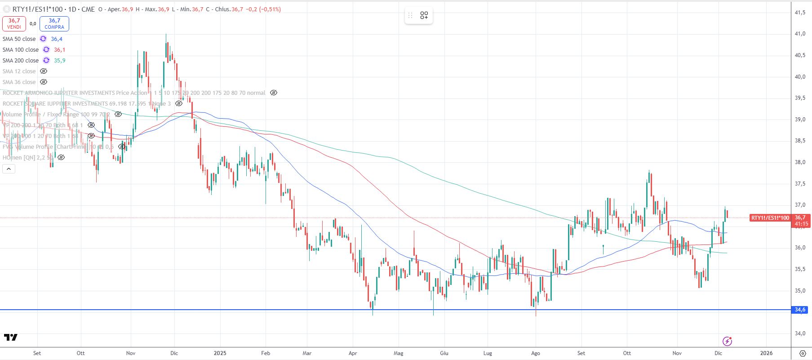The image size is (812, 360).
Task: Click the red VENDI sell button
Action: (x=14, y=23)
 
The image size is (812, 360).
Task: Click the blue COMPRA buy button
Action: (x=54, y=23)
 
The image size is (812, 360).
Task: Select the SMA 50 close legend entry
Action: (x=19, y=39)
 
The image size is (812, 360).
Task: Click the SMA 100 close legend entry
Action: (x=20, y=50)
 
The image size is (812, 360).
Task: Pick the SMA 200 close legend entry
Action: (x=20, y=61)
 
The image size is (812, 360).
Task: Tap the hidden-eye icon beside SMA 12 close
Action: (x=44, y=71)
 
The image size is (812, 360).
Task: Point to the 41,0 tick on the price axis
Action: (x=800, y=34)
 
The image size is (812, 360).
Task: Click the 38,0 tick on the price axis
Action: (x=800, y=162)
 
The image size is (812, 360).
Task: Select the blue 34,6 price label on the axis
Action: (x=800, y=310)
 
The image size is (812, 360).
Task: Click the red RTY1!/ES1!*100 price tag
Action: (x=770, y=218)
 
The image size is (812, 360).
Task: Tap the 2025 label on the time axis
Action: (x=220, y=353)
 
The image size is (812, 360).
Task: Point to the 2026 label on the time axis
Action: (x=766, y=353)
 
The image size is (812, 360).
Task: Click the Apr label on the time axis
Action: (x=353, y=353)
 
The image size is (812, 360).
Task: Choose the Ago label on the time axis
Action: (x=535, y=353)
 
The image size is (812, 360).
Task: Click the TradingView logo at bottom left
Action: (x=11, y=337)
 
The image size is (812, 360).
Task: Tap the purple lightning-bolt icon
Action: (x=727, y=341)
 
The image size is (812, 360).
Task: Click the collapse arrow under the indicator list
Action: (x=9, y=169)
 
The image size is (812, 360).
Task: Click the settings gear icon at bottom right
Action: (x=803, y=353)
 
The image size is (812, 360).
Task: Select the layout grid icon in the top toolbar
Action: (x=424, y=16)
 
